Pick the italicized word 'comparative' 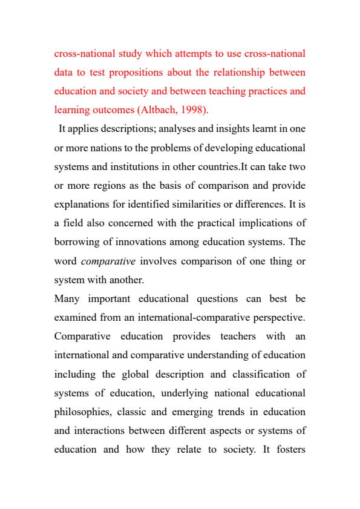point(102,261)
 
